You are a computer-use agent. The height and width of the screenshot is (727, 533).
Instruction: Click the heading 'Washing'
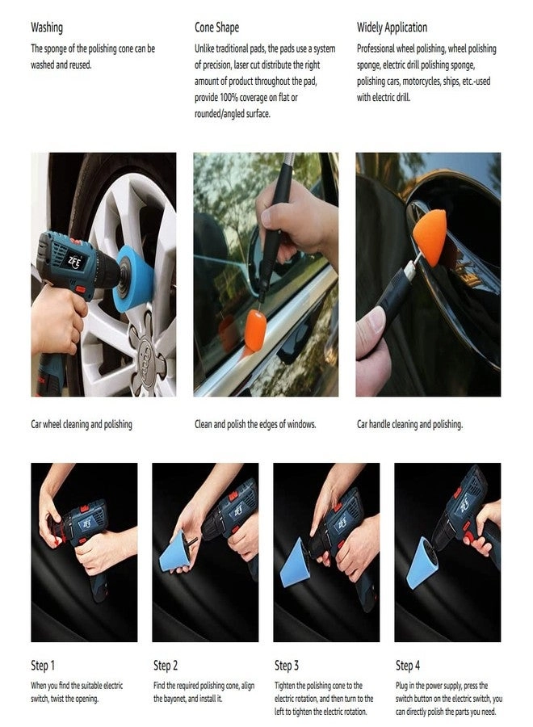tap(47, 27)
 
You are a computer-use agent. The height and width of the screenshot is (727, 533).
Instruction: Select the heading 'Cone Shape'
tap(216, 27)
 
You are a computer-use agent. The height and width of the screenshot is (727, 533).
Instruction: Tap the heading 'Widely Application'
tap(392, 27)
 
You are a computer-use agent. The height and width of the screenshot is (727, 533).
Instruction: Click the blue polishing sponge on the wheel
tap(133, 279)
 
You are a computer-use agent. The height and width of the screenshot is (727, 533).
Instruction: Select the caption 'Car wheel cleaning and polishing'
tap(82, 424)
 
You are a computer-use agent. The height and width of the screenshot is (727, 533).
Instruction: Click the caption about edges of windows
tap(255, 424)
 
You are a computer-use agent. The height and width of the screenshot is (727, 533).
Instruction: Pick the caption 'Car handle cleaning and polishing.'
tap(409, 424)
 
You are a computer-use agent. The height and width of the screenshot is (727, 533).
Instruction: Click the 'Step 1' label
tap(44, 666)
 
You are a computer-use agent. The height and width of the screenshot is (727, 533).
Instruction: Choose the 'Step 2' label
tap(166, 666)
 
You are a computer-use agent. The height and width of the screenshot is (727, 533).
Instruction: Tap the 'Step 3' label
tap(287, 666)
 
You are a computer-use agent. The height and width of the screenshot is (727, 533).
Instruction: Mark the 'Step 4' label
tap(408, 666)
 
